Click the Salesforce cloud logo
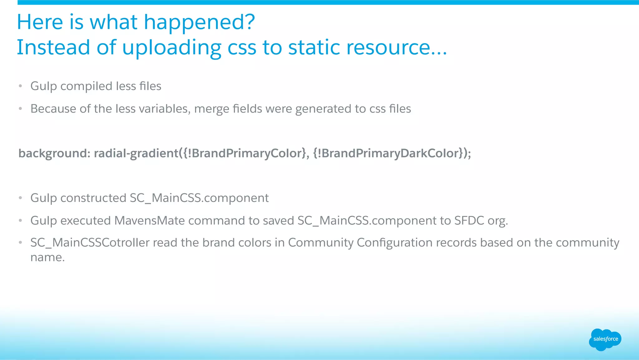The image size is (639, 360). (x=605, y=339)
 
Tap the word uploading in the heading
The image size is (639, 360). (x=171, y=48)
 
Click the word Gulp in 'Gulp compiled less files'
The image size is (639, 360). (x=43, y=86)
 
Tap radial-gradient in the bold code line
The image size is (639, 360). (x=136, y=153)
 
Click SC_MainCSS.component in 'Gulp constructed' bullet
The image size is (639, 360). (x=199, y=198)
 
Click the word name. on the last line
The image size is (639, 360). (x=47, y=258)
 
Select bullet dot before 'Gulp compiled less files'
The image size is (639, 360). (x=20, y=86)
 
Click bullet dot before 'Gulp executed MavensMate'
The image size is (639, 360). (x=20, y=221)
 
